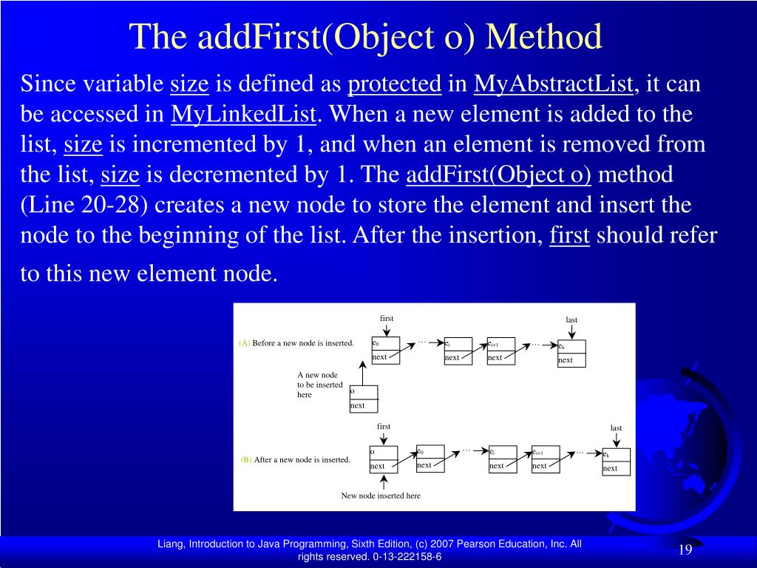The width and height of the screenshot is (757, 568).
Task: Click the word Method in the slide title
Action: [543, 37]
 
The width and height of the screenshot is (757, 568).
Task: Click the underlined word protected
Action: [395, 84]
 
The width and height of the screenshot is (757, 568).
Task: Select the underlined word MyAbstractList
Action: [553, 84]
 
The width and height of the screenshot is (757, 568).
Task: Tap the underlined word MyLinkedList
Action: [244, 115]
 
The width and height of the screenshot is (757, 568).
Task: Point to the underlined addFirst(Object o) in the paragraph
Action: [499, 175]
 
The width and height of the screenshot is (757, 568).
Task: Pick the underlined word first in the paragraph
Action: [570, 235]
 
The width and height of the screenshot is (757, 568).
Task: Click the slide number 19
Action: [685, 550]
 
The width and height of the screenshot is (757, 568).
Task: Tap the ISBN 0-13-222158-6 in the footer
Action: [407, 557]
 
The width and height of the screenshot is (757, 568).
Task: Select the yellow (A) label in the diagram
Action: [244, 343]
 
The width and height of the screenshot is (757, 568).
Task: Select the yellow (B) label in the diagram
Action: [246, 460]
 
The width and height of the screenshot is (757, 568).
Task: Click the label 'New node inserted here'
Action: [381, 496]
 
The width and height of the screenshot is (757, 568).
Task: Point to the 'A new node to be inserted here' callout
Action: [319, 385]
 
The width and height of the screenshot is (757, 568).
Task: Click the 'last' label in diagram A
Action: [571, 319]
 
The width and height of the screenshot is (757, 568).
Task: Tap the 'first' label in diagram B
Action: [384, 427]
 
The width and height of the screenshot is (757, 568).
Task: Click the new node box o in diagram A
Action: [364, 399]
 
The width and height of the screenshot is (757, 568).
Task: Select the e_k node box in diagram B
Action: [617, 461]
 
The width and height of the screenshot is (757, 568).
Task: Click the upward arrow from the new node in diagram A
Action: [362, 373]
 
